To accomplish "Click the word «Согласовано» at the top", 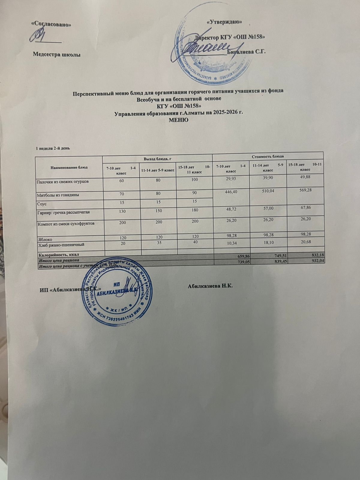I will click(x=51, y=24).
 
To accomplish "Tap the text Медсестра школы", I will click(x=56, y=54).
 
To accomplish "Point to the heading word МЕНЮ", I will click(x=179, y=120).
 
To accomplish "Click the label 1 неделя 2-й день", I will click(x=53, y=148).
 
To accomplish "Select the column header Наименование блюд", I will click(x=69, y=167).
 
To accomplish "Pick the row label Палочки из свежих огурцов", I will click(x=62, y=181).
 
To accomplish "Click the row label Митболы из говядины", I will click(x=58, y=195).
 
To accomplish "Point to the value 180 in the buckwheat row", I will click(x=194, y=210).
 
